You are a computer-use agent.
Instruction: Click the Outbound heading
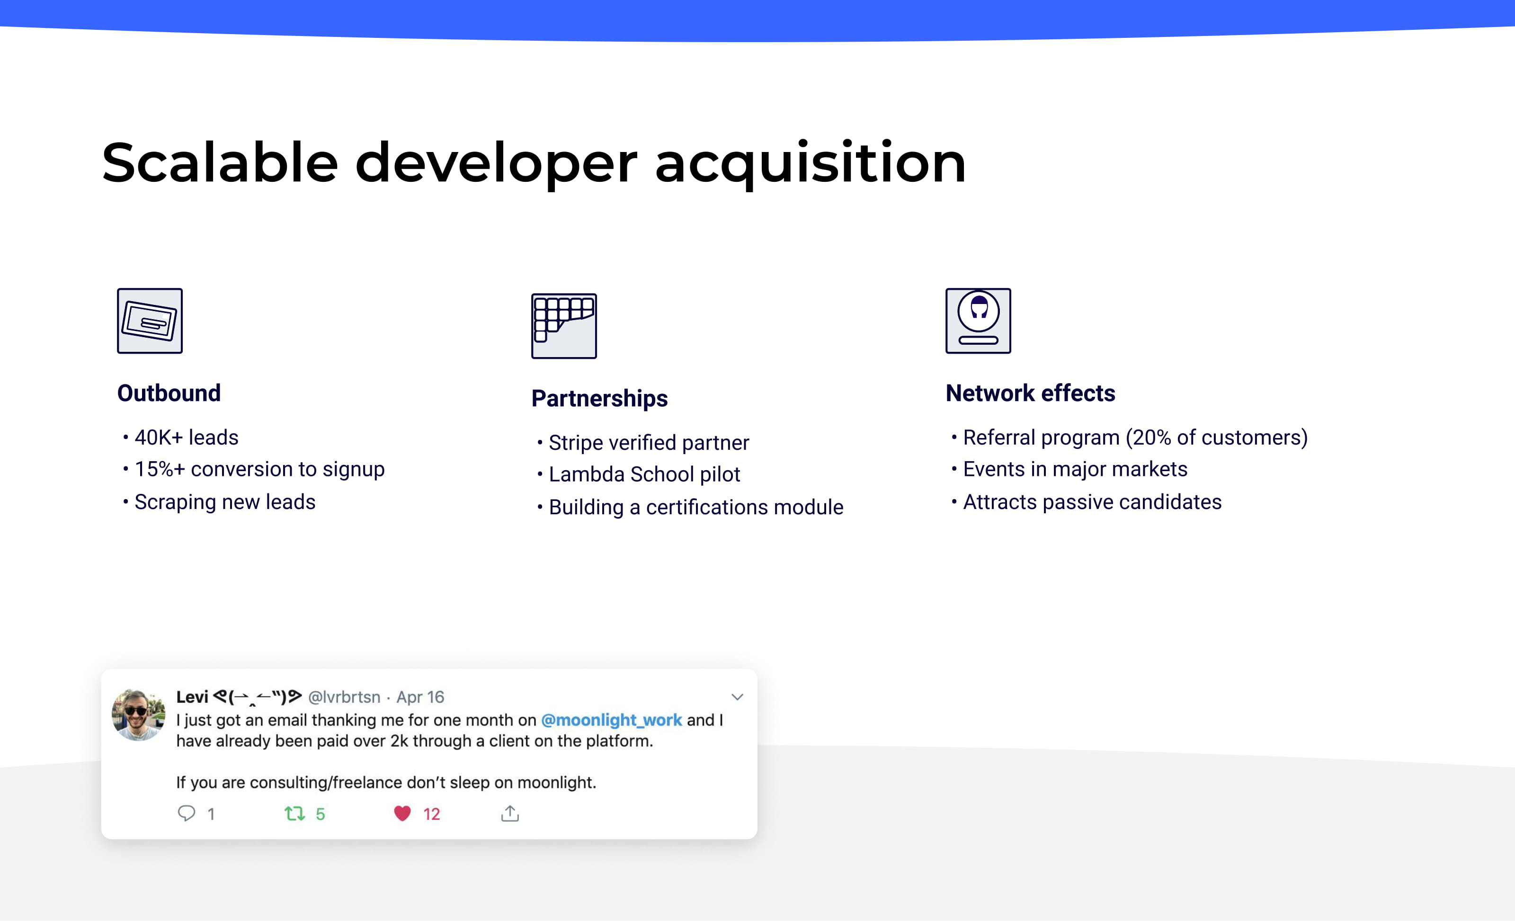(x=169, y=393)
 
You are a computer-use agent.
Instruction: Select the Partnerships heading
(x=599, y=398)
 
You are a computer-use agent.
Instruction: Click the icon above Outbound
(x=150, y=321)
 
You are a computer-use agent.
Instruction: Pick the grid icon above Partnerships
(x=564, y=326)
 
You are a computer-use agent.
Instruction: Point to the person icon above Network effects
(x=978, y=321)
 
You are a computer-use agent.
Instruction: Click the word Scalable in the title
(x=220, y=163)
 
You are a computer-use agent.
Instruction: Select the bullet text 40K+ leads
(x=187, y=438)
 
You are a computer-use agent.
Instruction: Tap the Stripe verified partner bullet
(x=648, y=443)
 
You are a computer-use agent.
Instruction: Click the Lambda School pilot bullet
(x=644, y=474)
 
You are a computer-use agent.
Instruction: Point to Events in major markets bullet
(x=1075, y=470)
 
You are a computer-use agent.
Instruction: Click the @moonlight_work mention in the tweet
(x=611, y=720)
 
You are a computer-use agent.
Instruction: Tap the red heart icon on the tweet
(x=402, y=814)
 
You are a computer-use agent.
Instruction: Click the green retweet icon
(x=294, y=814)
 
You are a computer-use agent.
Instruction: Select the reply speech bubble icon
(x=187, y=814)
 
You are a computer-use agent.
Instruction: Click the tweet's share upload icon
(x=510, y=814)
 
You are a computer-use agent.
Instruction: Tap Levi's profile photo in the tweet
(x=138, y=715)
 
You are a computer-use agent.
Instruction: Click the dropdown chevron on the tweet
(x=737, y=697)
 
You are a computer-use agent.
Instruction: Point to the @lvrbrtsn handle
(x=344, y=697)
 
